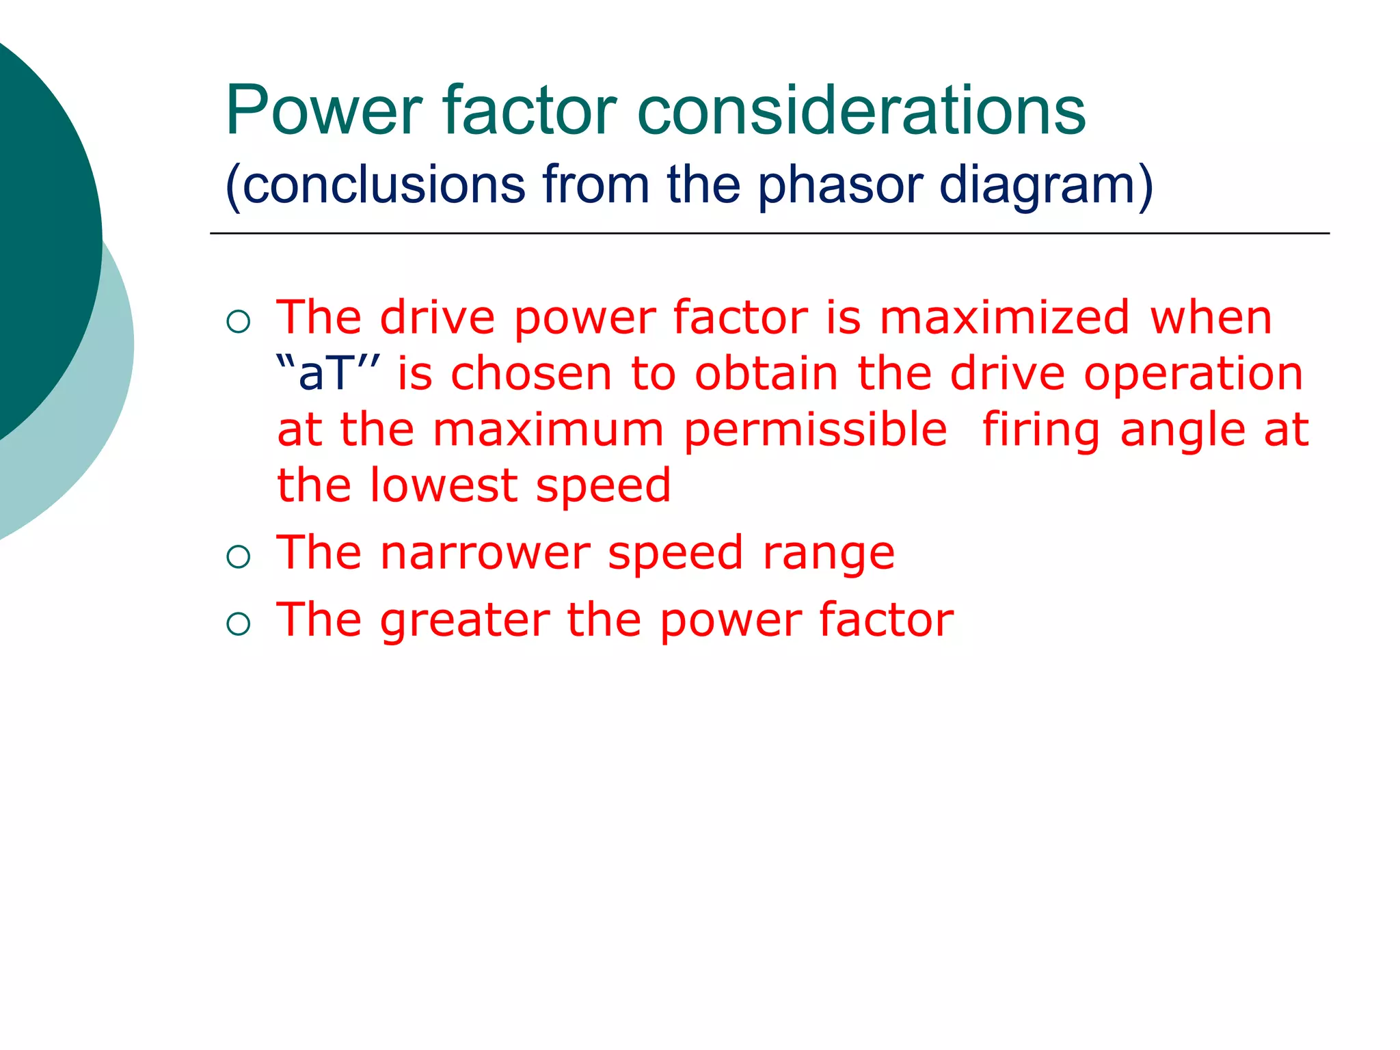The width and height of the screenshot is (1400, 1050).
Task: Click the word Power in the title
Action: click(324, 110)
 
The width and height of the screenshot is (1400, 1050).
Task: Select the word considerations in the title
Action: click(861, 110)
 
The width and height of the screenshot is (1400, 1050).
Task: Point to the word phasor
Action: click(839, 186)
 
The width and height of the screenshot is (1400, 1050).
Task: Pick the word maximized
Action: click(1004, 318)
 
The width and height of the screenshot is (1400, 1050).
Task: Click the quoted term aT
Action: click(329, 374)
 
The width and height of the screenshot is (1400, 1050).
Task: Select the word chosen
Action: click(531, 374)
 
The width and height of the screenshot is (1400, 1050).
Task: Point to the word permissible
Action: click(815, 431)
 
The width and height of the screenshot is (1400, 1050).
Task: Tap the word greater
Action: click(465, 621)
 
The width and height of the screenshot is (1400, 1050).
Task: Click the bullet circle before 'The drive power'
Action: click(238, 321)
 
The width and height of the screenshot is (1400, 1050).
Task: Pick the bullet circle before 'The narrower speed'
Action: click(238, 556)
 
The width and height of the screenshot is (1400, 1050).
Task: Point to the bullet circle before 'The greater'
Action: click(238, 623)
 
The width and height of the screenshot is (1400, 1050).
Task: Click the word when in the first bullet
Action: click(1211, 318)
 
